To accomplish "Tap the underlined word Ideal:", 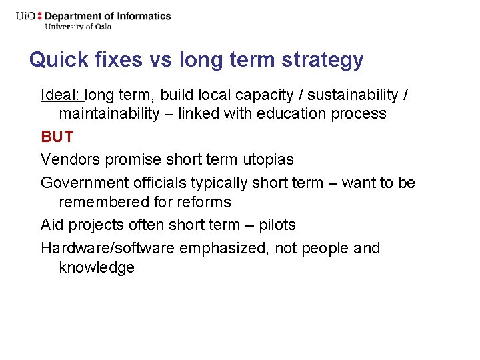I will (61, 95).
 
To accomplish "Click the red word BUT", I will (57, 137).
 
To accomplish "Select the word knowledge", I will (97, 267).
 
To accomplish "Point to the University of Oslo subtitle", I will (78, 27).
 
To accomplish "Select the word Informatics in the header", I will (146, 16).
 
